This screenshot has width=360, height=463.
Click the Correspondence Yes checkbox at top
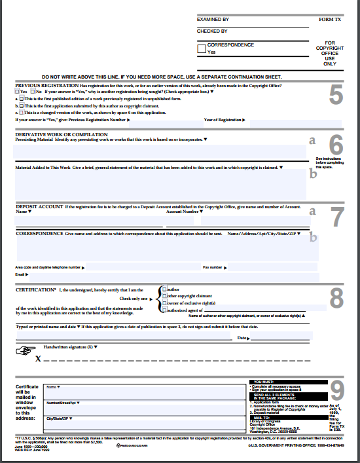[x=202, y=48]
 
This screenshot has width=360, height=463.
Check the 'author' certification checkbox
[x=164, y=289]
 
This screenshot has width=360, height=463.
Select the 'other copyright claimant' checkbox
[x=164, y=296]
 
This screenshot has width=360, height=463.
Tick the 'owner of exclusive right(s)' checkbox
[x=164, y=303]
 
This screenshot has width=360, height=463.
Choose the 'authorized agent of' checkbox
[x=164, y=310]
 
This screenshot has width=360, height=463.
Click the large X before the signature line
[x=38, y=359]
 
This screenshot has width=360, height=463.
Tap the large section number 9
[x=336, y=391]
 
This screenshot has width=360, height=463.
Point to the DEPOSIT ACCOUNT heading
[x=39, y=207]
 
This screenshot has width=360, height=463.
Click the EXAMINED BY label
[x=213, y=20]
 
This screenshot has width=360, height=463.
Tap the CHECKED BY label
[x=212, y=31]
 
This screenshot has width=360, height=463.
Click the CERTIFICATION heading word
[x=35, y=289]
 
